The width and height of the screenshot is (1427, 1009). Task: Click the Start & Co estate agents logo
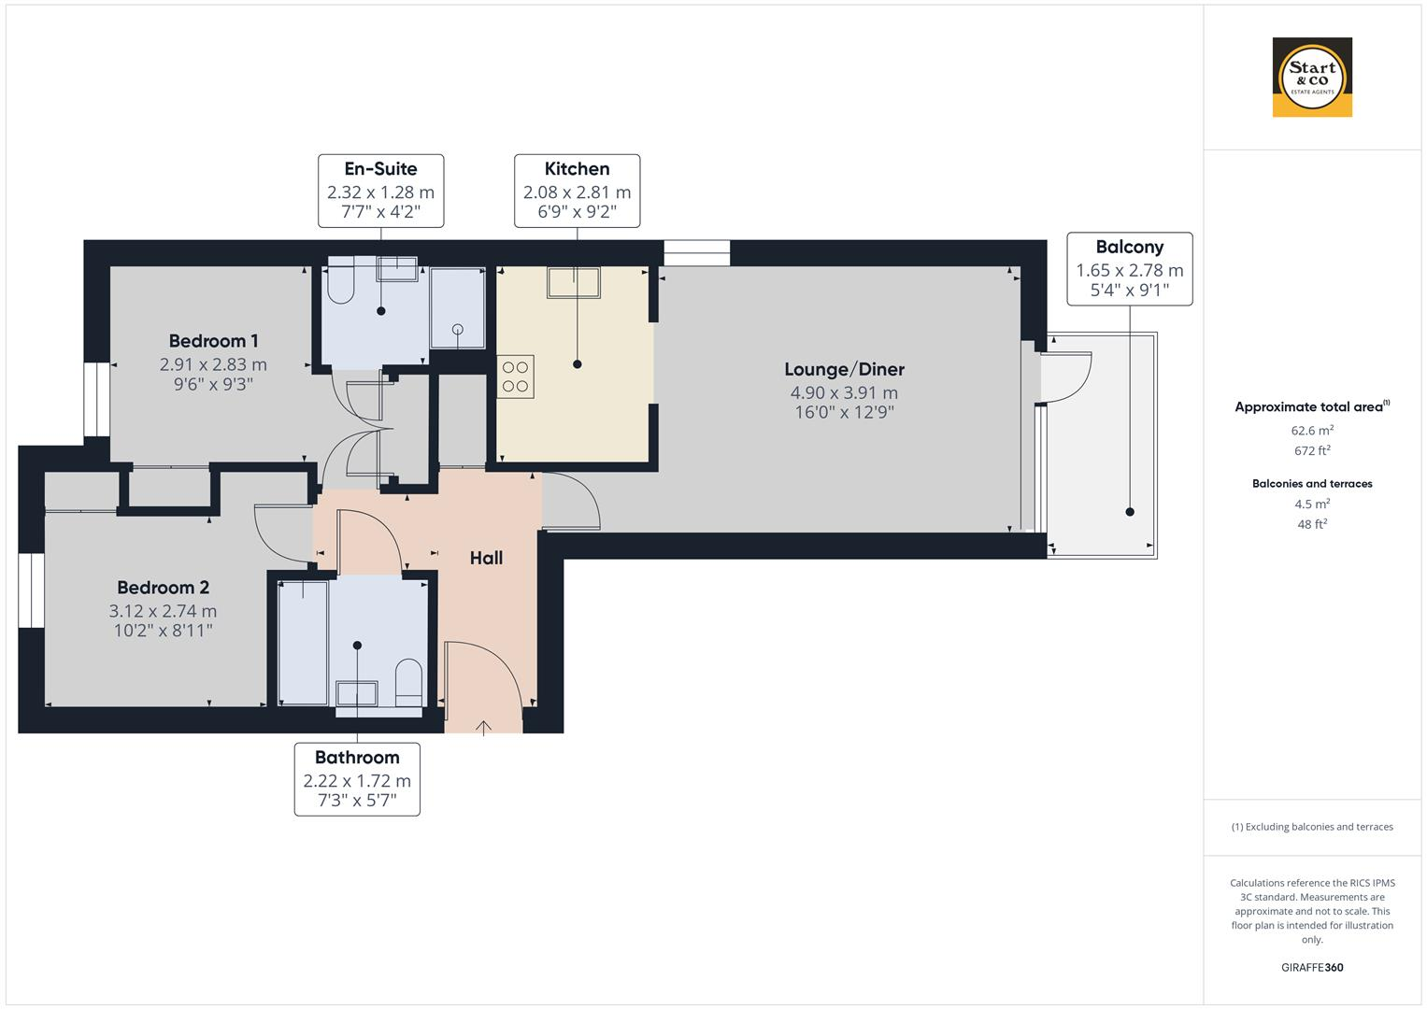[x=1311, y=77]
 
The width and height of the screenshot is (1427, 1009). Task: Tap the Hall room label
[x=486, y=558]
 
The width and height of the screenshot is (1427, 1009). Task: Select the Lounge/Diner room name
[x=844, y=369]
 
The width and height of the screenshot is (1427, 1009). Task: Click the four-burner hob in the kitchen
[x=515, y=377]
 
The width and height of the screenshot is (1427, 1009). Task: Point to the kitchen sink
[x=574, y=282]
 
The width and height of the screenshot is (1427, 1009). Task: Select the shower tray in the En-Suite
[x=457, y=308]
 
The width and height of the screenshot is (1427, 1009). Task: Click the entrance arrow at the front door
[x=483, y=727]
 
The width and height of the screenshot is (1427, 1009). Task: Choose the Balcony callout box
[x=1129, y=269]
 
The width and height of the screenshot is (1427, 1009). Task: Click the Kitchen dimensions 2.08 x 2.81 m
[x=577, y=192]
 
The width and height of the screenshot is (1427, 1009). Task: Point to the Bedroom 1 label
[x=213, y=341]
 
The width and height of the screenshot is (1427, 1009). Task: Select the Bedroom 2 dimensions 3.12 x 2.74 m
[x=163, y=611]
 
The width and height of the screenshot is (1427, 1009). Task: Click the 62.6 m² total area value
[x=1311, y=431]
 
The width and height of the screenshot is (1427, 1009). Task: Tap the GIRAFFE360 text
[x=1311, y=967]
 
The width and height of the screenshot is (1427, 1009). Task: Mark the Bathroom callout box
[x=357, y=779]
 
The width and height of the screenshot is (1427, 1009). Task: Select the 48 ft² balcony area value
[x=1311, y=524]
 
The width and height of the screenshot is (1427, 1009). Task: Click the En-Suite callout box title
[x=380, y=169]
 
